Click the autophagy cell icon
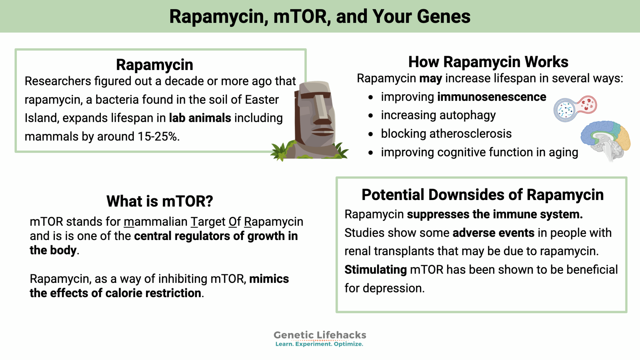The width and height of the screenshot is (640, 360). (x=575, y=108)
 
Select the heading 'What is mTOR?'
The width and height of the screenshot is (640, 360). (x=160, y=201)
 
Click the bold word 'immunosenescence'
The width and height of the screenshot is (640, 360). (x=492, y=97)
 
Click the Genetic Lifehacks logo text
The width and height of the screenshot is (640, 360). (x=320, y=335)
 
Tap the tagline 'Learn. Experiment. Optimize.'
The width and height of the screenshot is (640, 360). (x=319, y=344)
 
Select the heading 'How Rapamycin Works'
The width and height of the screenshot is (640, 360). (x=488, y=62)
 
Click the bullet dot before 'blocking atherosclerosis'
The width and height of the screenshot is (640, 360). (x=371, y=134)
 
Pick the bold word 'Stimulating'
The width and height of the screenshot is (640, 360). (x=375, y=270)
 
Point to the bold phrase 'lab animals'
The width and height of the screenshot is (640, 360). (x=200, y=118)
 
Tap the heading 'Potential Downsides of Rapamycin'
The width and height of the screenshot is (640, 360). (x=482, y=195)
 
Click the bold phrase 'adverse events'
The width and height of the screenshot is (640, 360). (x=493, y=233)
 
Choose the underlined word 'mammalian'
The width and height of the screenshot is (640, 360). (x=155, y=222)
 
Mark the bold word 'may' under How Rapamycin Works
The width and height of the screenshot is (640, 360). (x=430, y=78)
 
